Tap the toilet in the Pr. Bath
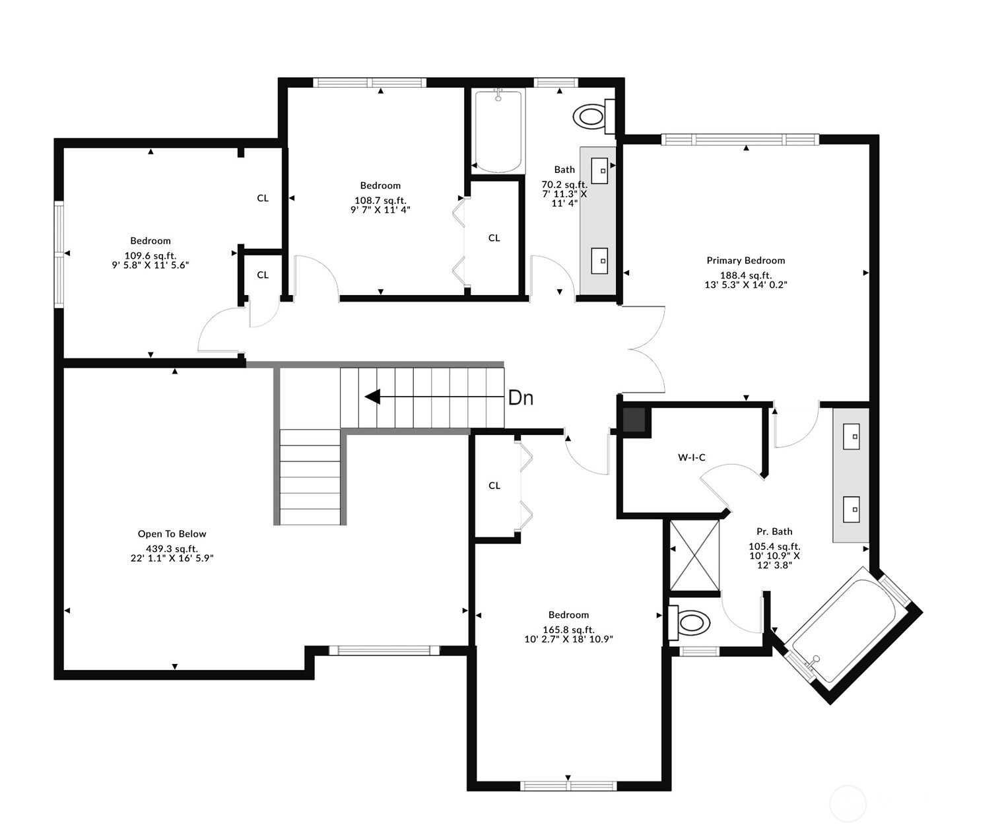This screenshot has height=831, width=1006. [x=689, y=623]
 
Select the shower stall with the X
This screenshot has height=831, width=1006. [x=694, y=556]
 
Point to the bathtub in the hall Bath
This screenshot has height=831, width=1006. [x=498, y=130]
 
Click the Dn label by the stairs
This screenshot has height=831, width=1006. [x=521, y=398]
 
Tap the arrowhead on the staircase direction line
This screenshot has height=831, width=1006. [x=372, y=397]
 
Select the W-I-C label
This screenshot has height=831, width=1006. [x=691, y=457]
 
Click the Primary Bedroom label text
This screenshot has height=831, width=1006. [x=746, y=261]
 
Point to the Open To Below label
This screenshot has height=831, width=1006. [x=172, y=534]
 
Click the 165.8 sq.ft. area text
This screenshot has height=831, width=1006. [x=568, y=630]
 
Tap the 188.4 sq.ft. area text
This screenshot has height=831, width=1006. [x=746, y=275]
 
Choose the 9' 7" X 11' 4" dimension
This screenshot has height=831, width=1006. [x=380, y=209]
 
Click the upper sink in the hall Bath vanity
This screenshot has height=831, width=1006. [x=599, y=170]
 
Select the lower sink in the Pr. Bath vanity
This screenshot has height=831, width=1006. [x=851, y=509]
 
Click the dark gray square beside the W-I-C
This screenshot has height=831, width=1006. [x=634, y=420]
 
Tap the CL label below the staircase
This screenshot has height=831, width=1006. [x=494, y=486]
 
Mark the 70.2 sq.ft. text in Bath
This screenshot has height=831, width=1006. [x=564, y=185]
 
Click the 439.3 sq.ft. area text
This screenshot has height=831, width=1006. [x=172, y=548]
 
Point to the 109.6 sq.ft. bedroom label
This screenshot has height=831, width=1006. [x=151, y=255]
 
